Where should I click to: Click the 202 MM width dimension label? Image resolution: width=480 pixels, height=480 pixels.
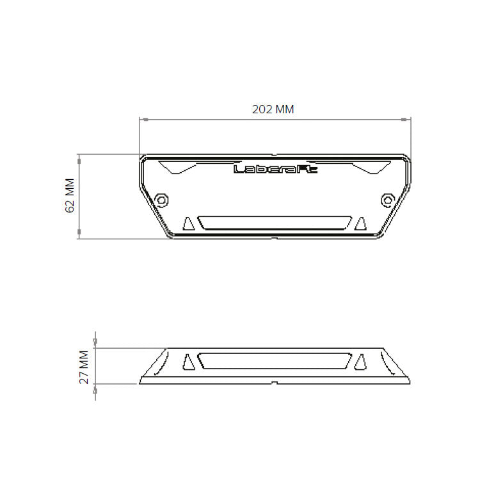pos(273,109)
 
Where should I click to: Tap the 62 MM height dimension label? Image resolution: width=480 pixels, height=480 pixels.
pos(70,196)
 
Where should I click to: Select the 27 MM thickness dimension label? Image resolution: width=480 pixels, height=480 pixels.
pos(84,367)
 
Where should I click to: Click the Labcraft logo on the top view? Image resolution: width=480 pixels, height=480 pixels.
pos(273,170)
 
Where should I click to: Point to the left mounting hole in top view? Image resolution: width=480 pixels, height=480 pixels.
pos(162,200)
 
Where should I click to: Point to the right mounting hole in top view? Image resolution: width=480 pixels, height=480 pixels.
pos(387,200)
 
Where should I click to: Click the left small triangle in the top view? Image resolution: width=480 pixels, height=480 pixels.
pos(188,223)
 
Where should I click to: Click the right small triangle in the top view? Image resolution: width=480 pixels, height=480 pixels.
pos(360,223)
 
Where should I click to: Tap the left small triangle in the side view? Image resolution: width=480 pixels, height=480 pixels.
pos(188,362)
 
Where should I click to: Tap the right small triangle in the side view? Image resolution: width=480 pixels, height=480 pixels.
pos(360,362)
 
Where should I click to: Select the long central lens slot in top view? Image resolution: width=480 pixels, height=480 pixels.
pos(274,223)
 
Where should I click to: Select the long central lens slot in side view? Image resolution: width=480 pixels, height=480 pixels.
pos(274,360)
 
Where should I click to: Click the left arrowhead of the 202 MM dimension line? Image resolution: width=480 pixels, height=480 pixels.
pos(143,120)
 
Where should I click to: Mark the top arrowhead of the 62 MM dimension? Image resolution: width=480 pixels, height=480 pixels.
pos(79,157)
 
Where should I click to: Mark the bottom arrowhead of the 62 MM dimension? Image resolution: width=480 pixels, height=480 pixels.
pos(79,235)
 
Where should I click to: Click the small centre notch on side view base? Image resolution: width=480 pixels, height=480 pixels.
pos(274,383)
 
